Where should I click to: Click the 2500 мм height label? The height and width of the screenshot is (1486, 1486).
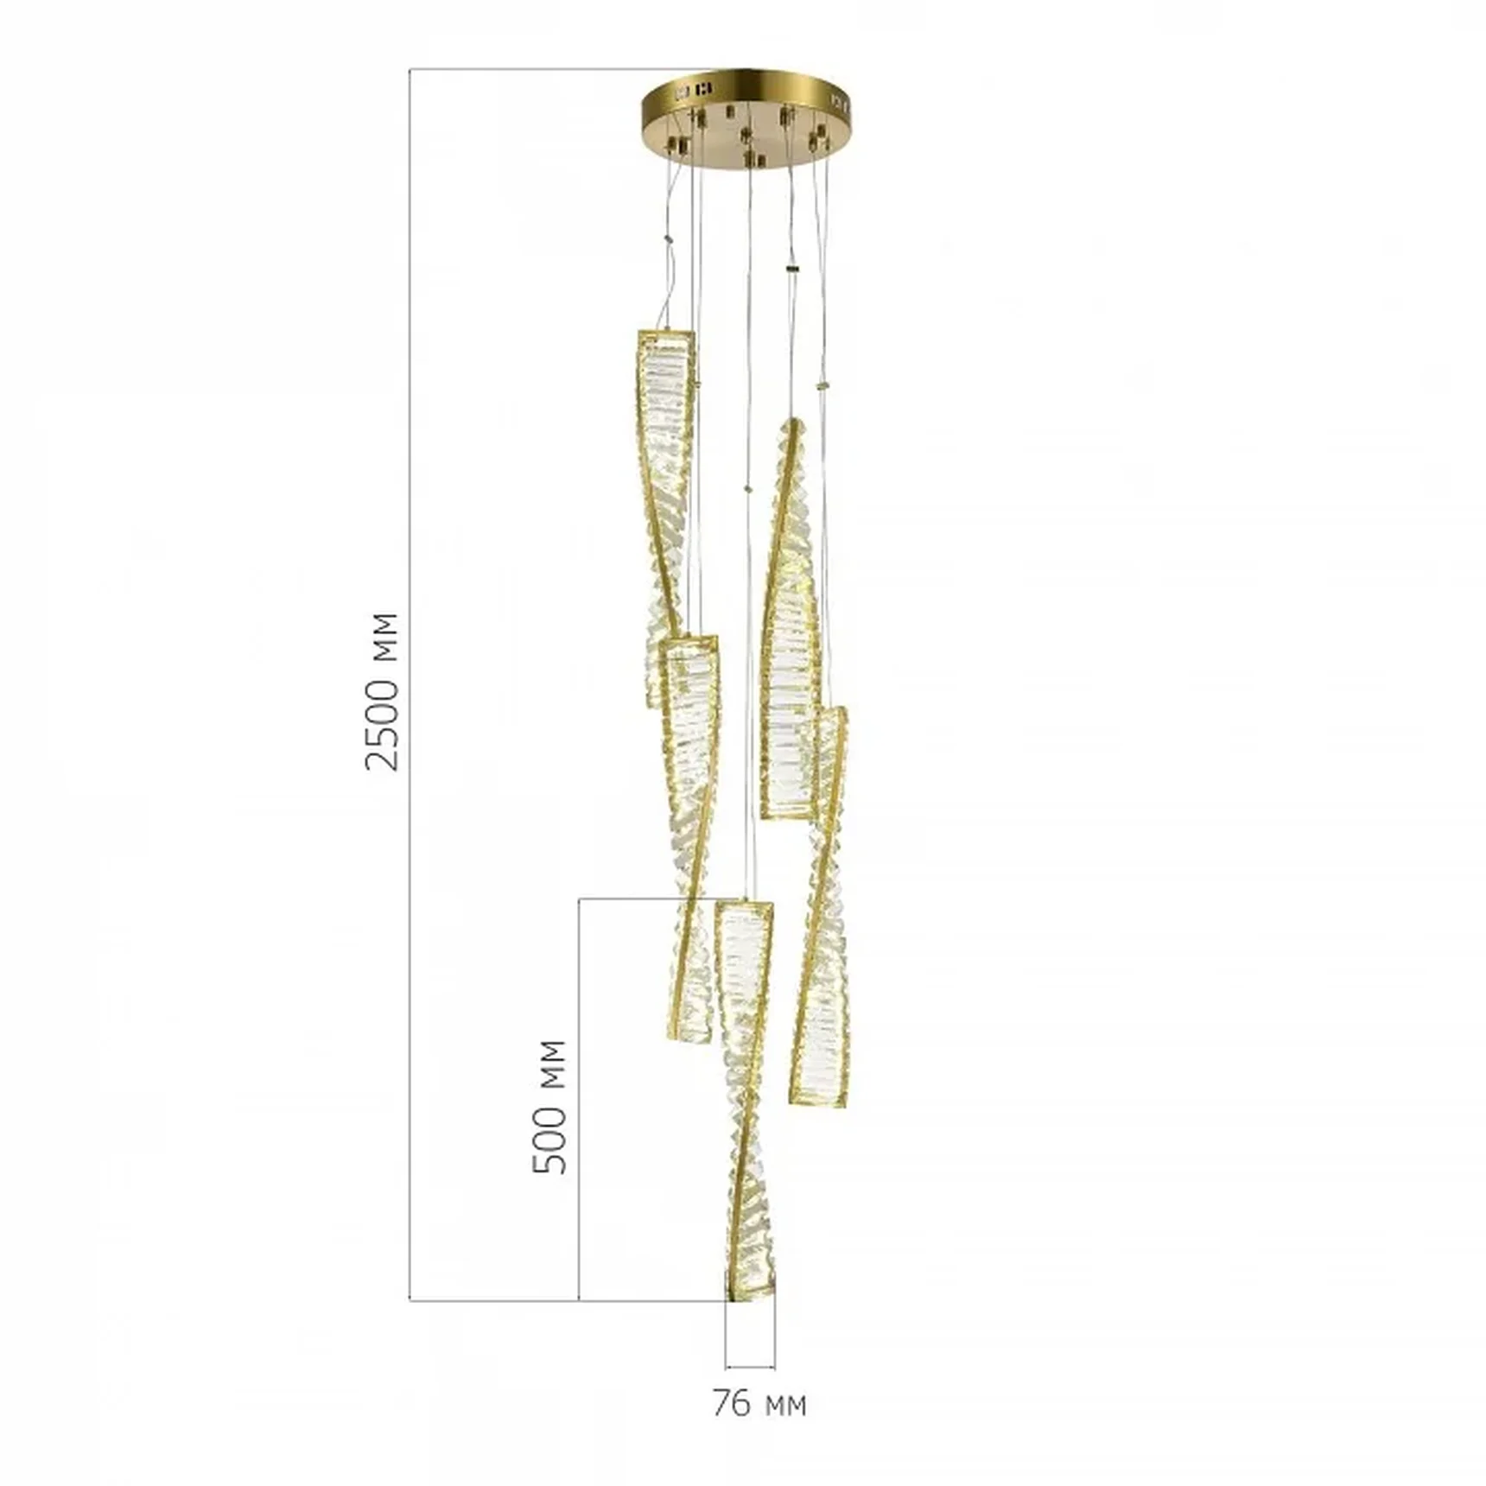pyautogui.click(x=382, y=691)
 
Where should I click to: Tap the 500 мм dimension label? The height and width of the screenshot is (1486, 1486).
pyautogui.click(x=549, y=1107)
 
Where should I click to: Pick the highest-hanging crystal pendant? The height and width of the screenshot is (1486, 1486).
pyautogui.click(x=667, y=518)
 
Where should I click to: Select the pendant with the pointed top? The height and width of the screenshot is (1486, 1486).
pyautogui.click(x=788, y=618)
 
